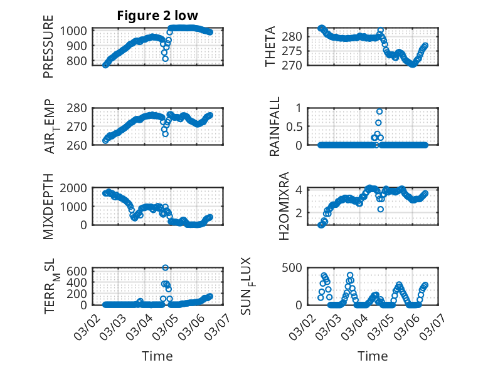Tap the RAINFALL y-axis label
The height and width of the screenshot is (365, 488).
pyautogui.click(x=274, y=126)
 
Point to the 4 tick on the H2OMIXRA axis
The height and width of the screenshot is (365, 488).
pyautogui.click(x=304, y=190)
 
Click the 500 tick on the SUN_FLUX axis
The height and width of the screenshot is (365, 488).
pyautogui.click(x=296, y=268)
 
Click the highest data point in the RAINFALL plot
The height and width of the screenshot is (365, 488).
pyautogui.click(x=379, y=111)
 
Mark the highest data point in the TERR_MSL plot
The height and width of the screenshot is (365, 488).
pyautogui.click(x=166, y=268)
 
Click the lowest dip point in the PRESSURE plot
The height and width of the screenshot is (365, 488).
pyautogui.click(x=165, y=59)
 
